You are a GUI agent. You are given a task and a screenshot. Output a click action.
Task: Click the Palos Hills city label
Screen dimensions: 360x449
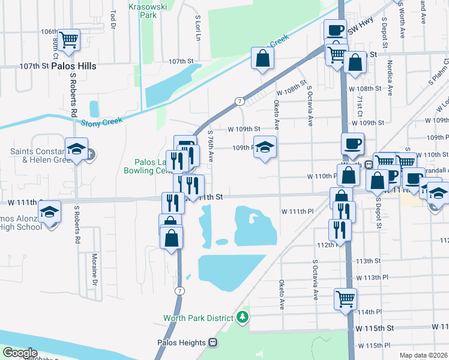click(74, 65)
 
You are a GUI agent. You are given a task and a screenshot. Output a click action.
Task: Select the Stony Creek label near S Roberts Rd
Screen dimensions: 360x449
click(101, 122)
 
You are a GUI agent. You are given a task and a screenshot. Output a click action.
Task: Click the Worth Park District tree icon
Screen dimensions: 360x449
click(243, 316)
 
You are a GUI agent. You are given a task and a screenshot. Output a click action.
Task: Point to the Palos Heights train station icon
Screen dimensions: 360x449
click(212, 342)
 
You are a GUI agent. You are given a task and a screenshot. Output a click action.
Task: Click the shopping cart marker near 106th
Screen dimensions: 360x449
click(69, 40)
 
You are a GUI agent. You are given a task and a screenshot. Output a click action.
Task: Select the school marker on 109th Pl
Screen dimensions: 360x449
click(264, 147)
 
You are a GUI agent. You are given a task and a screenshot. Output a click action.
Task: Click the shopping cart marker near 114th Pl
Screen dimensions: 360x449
click(345, 298)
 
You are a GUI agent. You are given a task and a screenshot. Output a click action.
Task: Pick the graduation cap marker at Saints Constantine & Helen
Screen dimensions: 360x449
click(77, 149)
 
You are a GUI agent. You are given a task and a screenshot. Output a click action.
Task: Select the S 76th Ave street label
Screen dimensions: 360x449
click(210, 147)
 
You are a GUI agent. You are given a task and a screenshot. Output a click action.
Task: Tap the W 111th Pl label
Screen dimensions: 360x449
click(298, 211)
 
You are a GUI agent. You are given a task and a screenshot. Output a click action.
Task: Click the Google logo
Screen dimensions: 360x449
click(20, 353)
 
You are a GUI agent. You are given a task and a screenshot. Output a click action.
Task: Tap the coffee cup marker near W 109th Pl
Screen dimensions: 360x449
click(352, 143)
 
